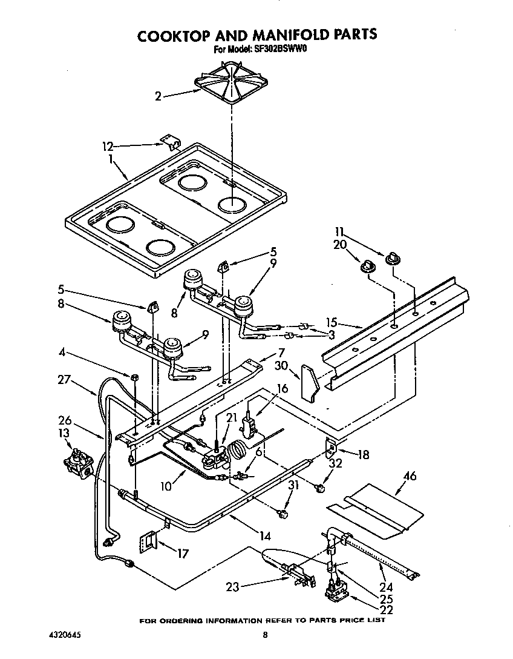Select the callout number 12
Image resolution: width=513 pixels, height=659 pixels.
(108, 146)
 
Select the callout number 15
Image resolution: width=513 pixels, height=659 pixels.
(332, 323)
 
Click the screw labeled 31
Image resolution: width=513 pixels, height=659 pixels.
(281, 514)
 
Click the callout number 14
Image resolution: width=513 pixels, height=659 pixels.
(263, 535)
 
